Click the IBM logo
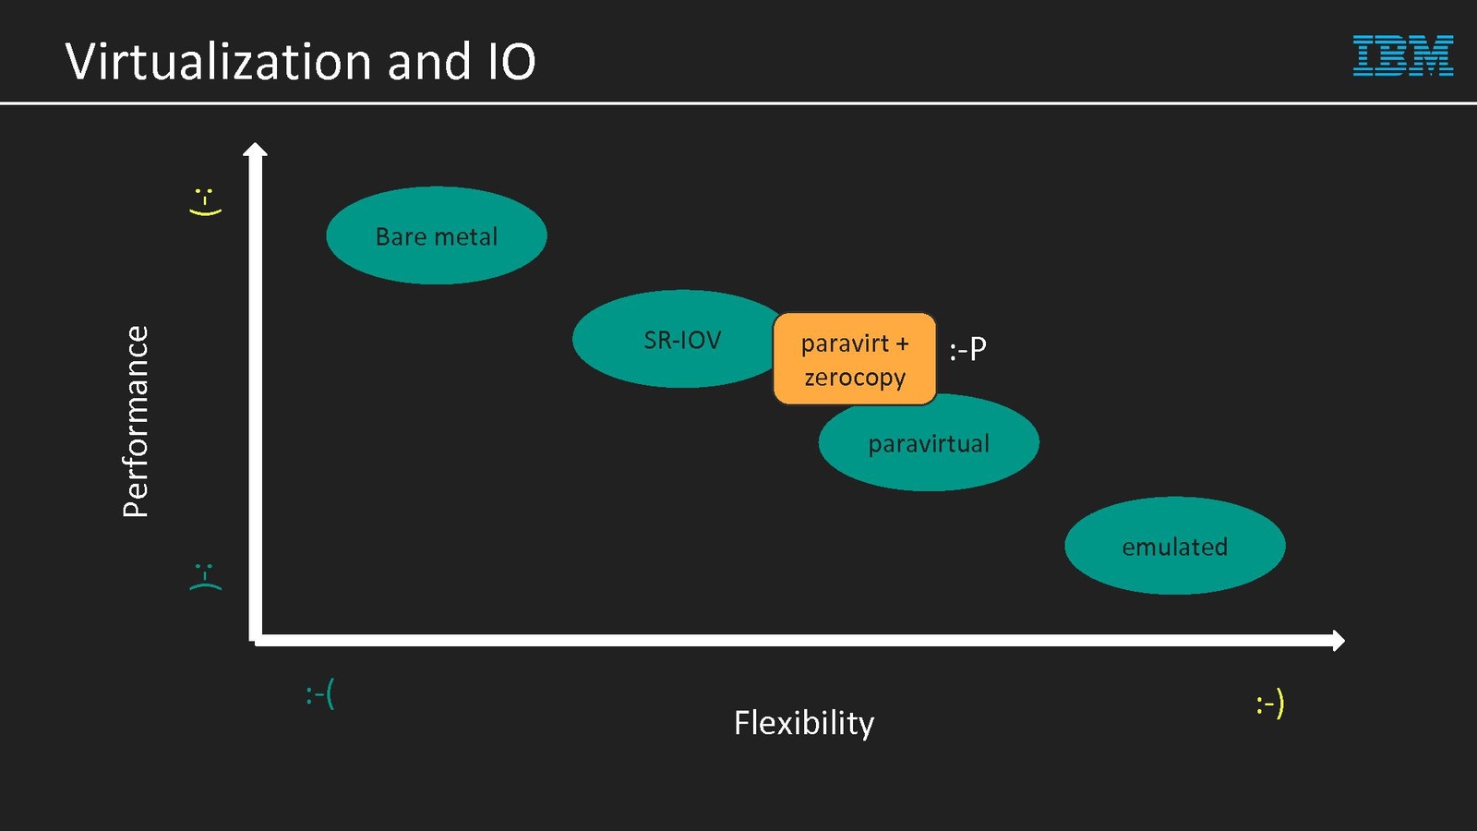coord(1402,55)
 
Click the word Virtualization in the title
coord(218,62)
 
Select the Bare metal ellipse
coord(436,235)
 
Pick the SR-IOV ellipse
coord(678,339)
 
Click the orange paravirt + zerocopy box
coord(854,359)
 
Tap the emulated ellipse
coord(1174,546)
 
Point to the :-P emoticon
coord(967,349)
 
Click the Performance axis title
coord(136,421)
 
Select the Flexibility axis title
coord(803,723)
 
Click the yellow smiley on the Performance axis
coord(205,201)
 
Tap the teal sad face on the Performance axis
coord(205,576)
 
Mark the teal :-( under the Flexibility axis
coord(319,693)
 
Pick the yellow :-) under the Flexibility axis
coord(1269,705)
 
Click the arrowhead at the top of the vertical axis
coord(255,150)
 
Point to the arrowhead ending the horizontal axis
coord(1338,640)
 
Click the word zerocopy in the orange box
coord(855,378)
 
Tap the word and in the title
coord(429,62)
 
